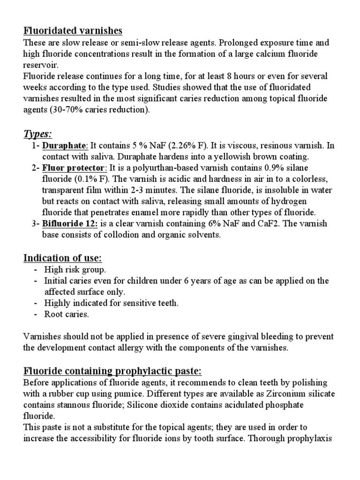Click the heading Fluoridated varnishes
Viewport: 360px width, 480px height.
tap(73, 31)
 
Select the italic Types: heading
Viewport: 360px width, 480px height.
tap(37, 134)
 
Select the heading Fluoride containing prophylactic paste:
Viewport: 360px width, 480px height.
tap(112, 371)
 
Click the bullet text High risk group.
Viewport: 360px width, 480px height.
tap(75, 270)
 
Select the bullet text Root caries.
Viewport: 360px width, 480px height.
tap(66, 315)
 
